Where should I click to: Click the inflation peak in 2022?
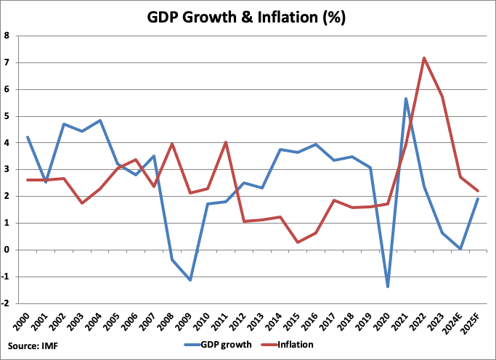pos(423,58)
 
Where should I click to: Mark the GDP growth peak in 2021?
pos(406,98)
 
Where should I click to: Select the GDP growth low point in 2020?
pos(388,287)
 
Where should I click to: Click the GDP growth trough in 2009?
pos(190,280)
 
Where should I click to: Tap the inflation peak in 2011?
pos(227,142)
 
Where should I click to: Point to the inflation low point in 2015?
pos(298,242)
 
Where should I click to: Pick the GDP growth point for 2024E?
pos(460,249)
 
